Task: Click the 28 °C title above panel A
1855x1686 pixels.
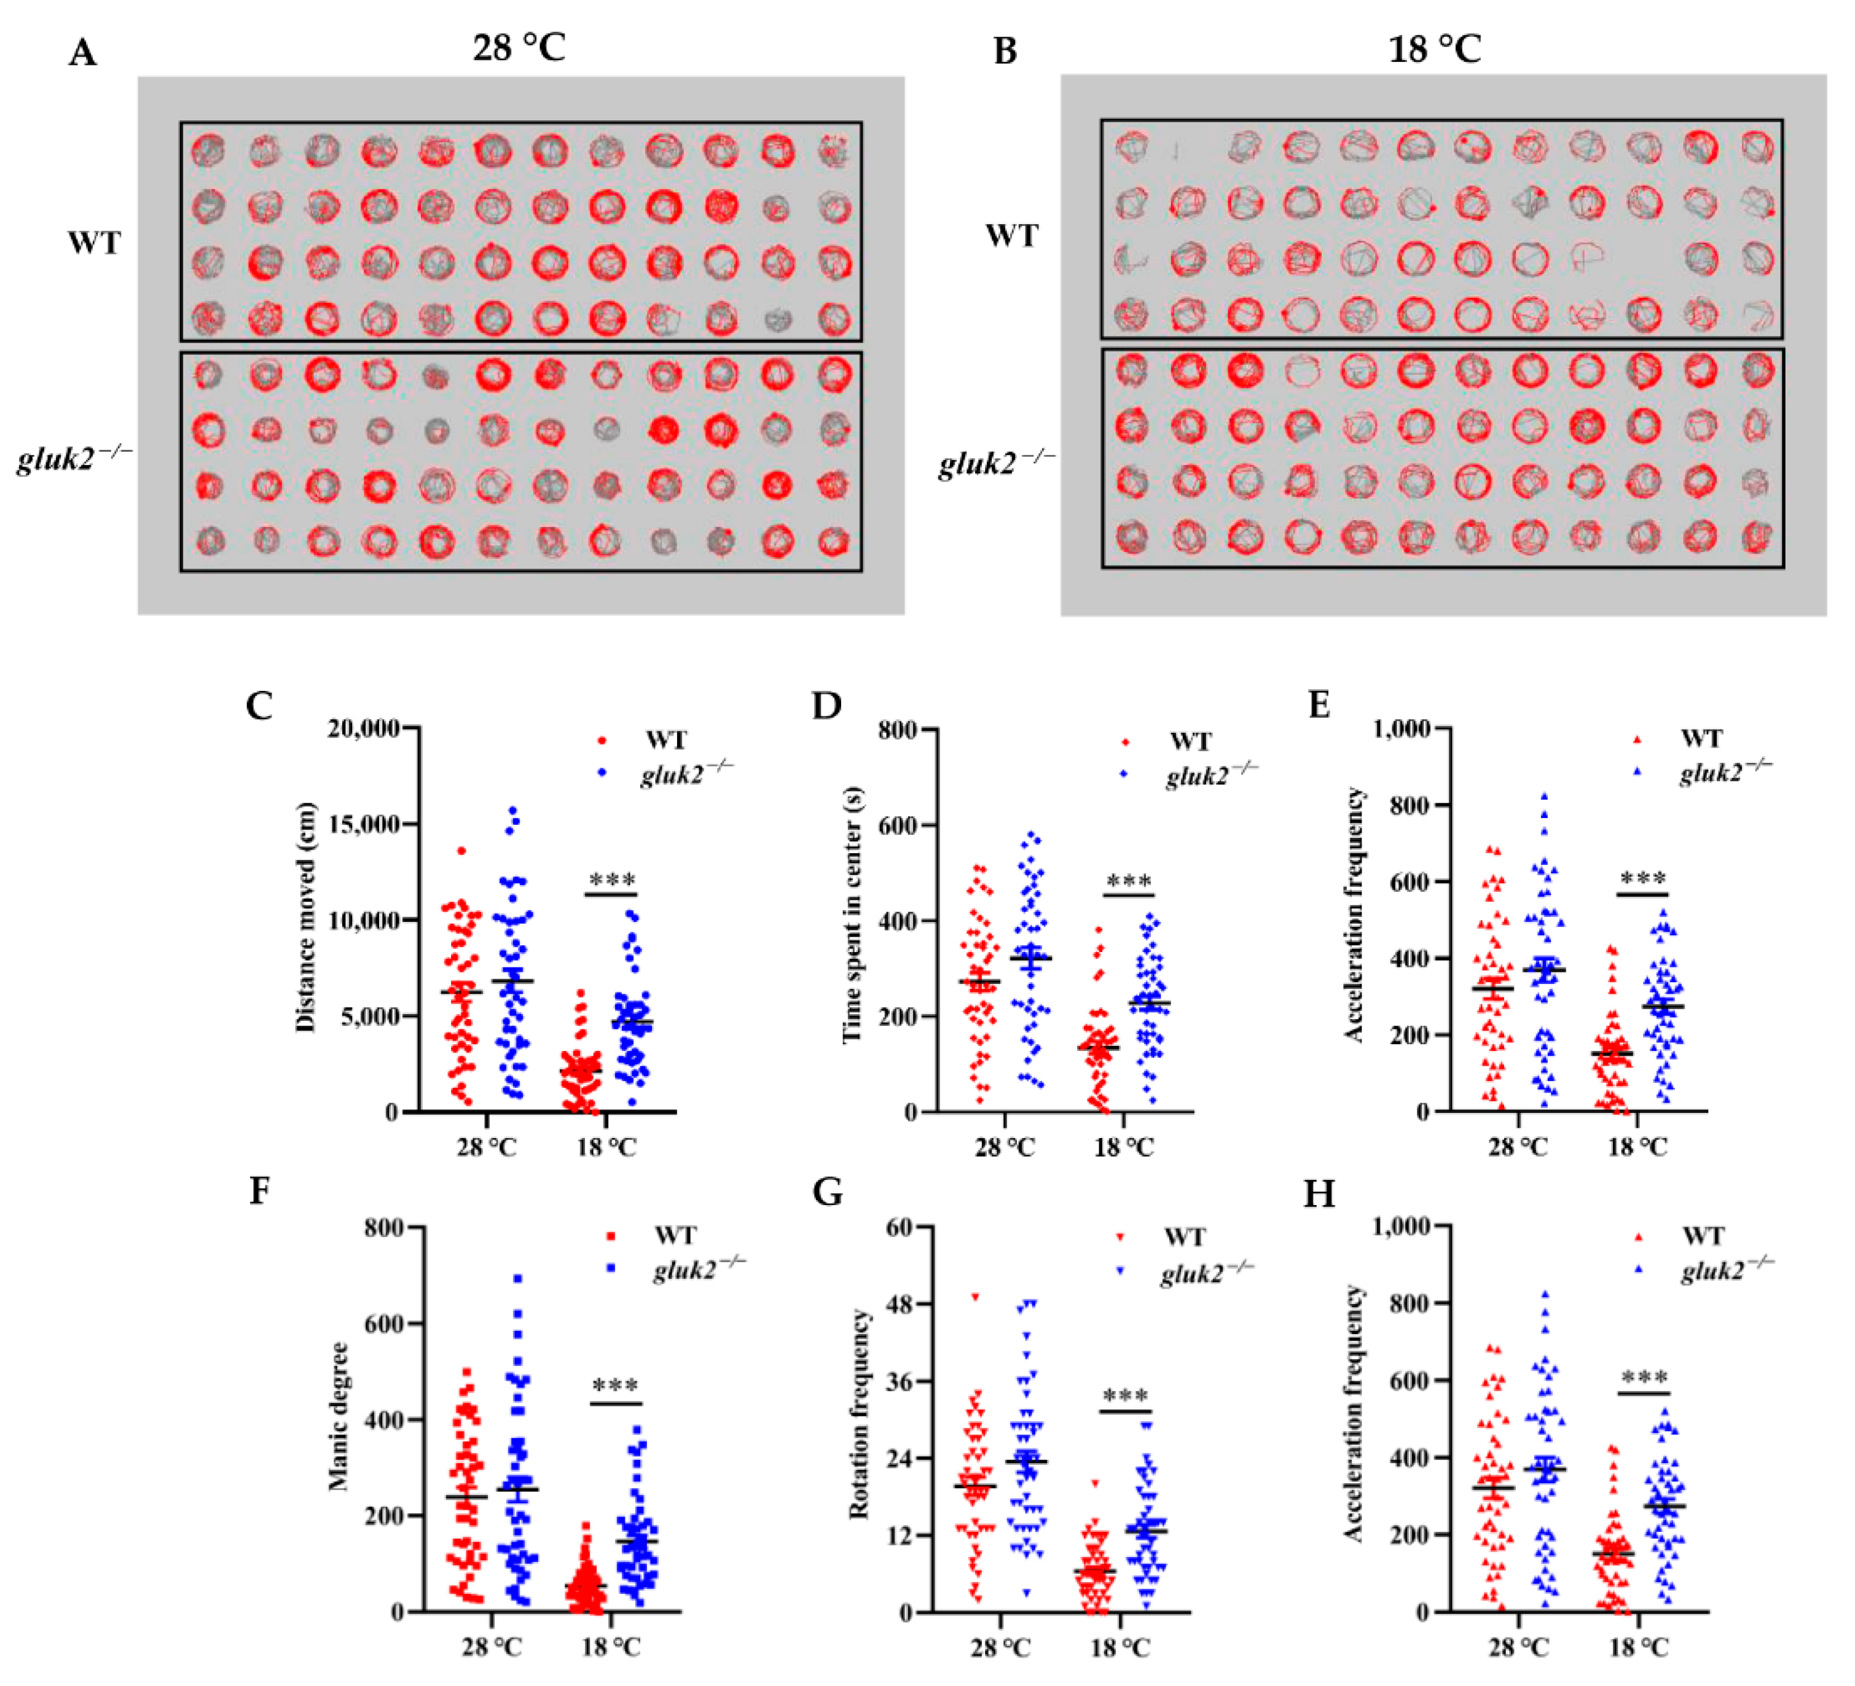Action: coord(519,47)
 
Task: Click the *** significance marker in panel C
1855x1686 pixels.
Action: coord(611,880)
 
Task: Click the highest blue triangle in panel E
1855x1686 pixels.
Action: coord(1544,797)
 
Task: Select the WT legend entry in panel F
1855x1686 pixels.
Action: coord(675,1235)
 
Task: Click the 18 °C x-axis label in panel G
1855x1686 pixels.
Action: coord(1120,1647)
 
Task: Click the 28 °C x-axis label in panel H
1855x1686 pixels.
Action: coord(1519,1647)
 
